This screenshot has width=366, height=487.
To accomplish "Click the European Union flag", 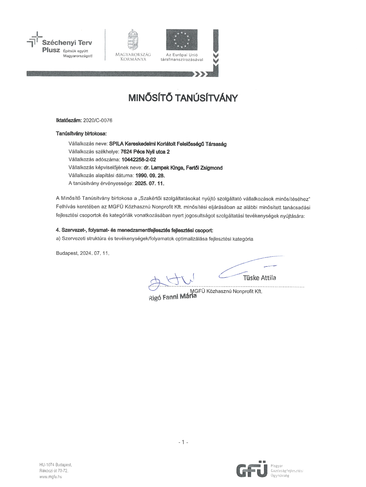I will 181,40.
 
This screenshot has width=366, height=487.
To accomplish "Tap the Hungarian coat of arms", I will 133,40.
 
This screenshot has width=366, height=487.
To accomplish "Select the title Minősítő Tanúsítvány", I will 183,98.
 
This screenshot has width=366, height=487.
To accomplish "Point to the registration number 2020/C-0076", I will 98,121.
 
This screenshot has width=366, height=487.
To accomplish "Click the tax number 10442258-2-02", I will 139,159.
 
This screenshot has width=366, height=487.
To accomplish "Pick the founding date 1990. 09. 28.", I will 150,176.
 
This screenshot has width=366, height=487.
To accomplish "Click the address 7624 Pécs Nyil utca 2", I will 145,151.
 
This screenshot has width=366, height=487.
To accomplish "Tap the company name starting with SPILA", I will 168,144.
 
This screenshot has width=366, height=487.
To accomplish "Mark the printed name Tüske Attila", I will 259,278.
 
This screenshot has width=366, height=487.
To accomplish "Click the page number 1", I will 183,442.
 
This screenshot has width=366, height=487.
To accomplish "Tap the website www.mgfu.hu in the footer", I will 51,476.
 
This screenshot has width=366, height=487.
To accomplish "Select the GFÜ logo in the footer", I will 252,469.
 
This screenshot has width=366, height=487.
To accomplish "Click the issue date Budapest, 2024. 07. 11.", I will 82,253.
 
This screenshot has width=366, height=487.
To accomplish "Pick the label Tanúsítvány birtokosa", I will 81,134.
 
